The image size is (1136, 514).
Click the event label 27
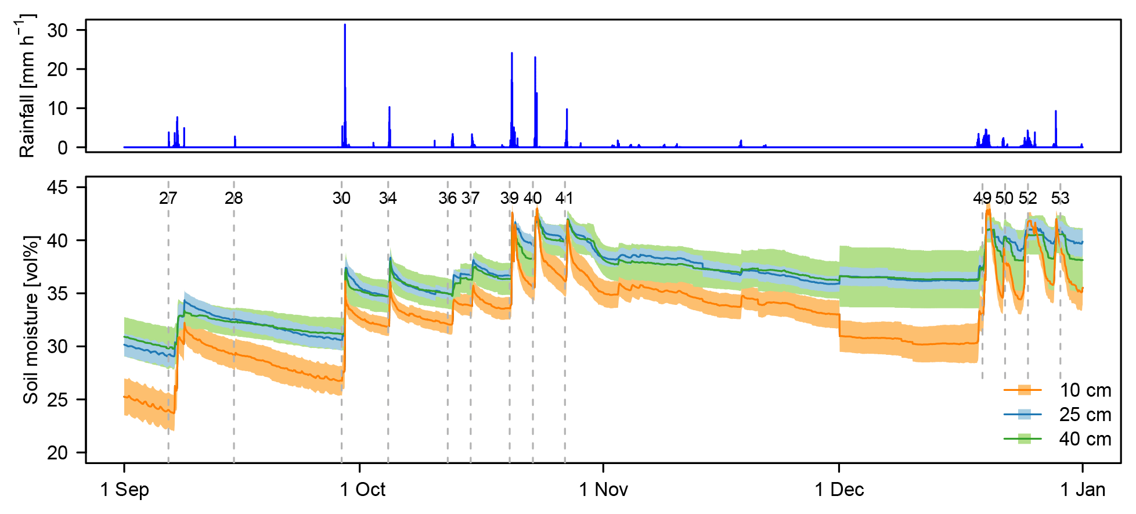click(168, 199)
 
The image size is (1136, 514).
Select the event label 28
click(233, 199)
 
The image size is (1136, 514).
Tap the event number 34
click(388, 199)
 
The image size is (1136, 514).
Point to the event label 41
click(564, 199)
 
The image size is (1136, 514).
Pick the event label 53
click(1060, 199)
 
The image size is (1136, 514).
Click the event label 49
click(982, 199)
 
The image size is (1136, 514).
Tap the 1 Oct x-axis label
click(362, 490)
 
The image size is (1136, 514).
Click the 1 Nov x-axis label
click(603, 490)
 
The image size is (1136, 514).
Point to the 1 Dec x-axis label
click(839, 490)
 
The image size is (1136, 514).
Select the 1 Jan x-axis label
click(1083, 490)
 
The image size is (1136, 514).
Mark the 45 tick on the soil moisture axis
click(57, 188)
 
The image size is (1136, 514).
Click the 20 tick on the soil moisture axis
click(57, 452)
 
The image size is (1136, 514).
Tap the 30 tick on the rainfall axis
click(57, 30)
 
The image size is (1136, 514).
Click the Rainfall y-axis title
click(27, 86)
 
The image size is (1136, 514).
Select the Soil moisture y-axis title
click(30, 319)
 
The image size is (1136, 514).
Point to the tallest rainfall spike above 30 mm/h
click(345, 26)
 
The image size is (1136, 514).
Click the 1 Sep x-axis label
click(124, 490)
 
